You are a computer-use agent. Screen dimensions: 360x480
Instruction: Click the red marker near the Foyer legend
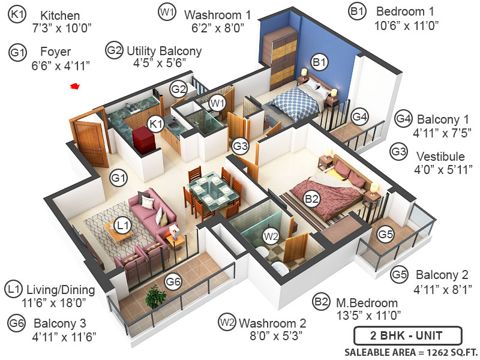(75, 87)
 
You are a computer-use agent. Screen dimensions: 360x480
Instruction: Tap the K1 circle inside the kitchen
(156, 124)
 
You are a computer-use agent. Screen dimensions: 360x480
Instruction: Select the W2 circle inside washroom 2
(271, 236)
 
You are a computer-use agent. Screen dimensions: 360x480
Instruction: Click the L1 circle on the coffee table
(122, 226)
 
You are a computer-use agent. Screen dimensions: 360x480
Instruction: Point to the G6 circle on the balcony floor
(173, 281)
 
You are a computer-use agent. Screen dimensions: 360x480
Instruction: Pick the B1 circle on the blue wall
(319, 61)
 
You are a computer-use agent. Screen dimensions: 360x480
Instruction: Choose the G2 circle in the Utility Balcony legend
(114, 50)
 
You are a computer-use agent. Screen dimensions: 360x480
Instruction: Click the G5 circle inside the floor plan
(386, 234)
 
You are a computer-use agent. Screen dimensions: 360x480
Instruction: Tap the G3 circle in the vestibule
(240, 145)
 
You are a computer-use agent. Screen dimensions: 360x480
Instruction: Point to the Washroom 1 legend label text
(217, 14)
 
